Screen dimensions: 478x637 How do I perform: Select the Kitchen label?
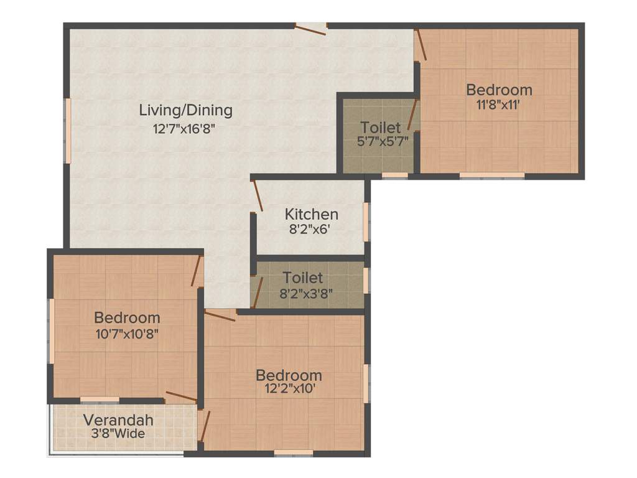point(311,214)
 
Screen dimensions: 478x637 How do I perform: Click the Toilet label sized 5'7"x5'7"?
point(380,128)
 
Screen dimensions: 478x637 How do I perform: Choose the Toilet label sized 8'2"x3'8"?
point(303,278)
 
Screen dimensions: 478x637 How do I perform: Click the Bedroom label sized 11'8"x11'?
point(499,90)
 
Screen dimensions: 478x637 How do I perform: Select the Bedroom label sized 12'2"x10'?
point(289,375)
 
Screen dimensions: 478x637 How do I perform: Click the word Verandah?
point(118,419)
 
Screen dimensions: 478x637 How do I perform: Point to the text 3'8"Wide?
point(118,433)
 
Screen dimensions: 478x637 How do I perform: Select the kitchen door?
point(257,197)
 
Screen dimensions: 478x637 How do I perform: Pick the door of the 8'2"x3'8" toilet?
point(257,291)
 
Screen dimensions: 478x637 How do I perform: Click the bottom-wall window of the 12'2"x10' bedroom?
point(294,452)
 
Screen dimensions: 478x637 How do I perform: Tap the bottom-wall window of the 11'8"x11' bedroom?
point(492,176)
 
